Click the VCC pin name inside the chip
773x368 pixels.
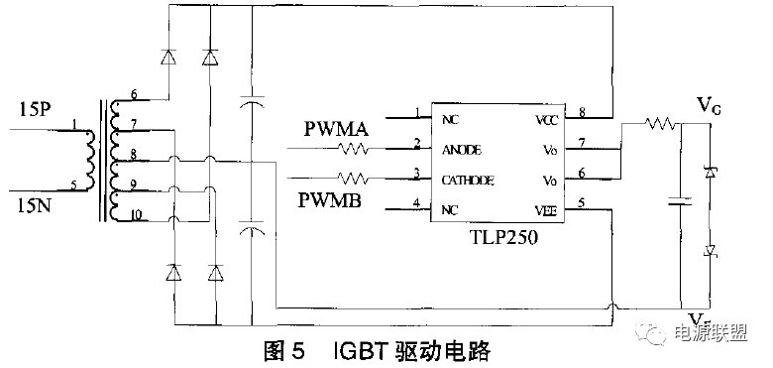click(547, 118)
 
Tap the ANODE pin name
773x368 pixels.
click(461, 149)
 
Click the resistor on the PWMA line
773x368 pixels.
click(354, 149)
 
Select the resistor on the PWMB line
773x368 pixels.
click(354, 179)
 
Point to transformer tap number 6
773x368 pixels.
click(134, 94)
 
